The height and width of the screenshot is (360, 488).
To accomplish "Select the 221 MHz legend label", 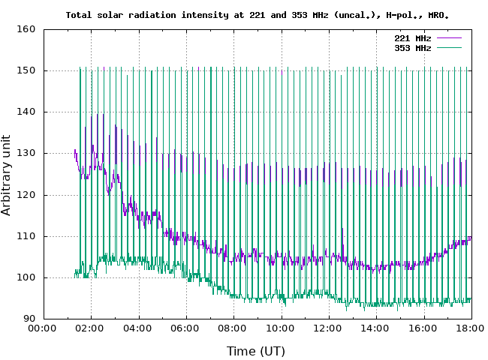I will (413, 37).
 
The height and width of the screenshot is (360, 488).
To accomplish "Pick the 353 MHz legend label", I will (413, 48).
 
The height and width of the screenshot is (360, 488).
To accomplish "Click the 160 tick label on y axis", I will (27, 30).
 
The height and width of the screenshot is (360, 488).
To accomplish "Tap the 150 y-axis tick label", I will (27, 71).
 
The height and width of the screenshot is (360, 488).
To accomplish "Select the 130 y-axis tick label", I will (27, 154).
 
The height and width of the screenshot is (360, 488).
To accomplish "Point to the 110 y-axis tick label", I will (27, 236).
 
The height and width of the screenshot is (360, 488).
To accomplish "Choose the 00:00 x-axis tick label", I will (44, 328).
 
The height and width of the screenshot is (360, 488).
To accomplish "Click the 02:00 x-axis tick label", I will (91, 328).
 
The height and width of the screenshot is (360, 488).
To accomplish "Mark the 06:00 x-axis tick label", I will (186, 328).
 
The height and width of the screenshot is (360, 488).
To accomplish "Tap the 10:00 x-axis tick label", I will (281, 328).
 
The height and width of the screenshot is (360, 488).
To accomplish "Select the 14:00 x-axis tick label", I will (376, 328).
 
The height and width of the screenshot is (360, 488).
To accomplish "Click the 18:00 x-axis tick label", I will (471, 328).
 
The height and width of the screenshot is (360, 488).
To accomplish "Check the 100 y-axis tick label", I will (27, 277).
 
